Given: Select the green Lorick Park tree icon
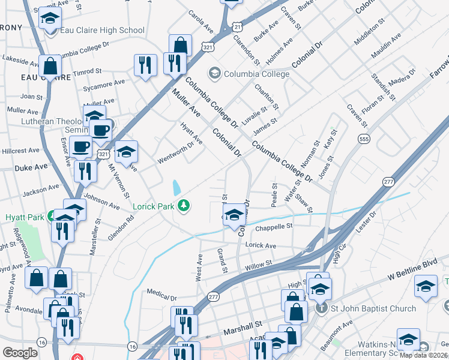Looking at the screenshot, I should point(184,206).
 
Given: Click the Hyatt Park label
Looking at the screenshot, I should point(25,217).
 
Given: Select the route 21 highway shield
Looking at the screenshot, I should point(238,27).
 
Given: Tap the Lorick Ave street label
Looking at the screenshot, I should point(261,245).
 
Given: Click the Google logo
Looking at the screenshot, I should point(21,352).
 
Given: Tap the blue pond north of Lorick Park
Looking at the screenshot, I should point(176,188).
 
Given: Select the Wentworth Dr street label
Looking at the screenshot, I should point(175,152).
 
